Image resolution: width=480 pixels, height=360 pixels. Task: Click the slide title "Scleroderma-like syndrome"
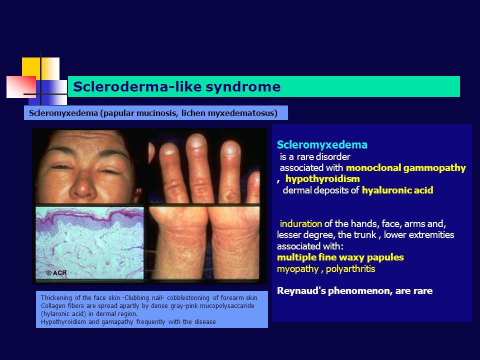point(176,87)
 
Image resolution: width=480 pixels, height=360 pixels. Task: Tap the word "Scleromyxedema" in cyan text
point(322,145)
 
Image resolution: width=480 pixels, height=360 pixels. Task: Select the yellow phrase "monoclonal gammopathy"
point(405,168)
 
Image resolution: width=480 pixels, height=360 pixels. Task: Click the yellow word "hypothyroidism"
point(322,178)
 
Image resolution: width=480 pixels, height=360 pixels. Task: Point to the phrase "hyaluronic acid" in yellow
point(397,190)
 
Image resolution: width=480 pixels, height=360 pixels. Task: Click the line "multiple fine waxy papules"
point(340,257)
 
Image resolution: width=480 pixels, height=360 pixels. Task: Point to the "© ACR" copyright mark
point(56,273)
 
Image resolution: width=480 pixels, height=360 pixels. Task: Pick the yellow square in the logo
point(31,67)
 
